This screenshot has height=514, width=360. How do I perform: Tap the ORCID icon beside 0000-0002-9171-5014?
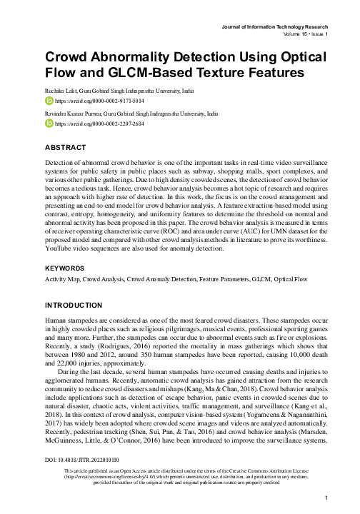[49, 102]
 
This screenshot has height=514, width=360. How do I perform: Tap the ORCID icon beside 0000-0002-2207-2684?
[49, 124]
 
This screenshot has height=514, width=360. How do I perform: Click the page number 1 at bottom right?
[326, 498]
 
